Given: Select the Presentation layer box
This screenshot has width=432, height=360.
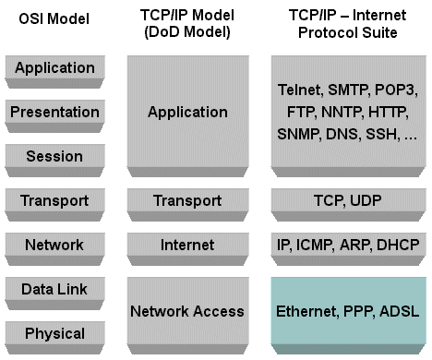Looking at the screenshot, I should pos(55,112).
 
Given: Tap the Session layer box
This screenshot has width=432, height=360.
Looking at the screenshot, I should pos(55,156).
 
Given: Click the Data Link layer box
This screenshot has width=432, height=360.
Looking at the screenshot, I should pos(55,289).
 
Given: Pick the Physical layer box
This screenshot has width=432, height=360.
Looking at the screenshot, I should pos(55,333).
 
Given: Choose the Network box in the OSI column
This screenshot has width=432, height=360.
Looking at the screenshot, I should pos(55,245).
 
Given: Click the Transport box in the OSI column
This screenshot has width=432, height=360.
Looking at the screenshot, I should pos(55,200).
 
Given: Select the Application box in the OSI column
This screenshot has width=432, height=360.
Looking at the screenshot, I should pos(55,67).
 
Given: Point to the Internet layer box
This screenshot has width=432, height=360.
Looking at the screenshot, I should pos(187,245).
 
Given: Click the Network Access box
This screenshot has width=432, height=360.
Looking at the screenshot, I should pos(187,311).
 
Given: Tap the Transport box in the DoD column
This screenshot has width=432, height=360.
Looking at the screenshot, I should pos(187,200).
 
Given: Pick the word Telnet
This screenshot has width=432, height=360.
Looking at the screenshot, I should pos(301,90).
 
